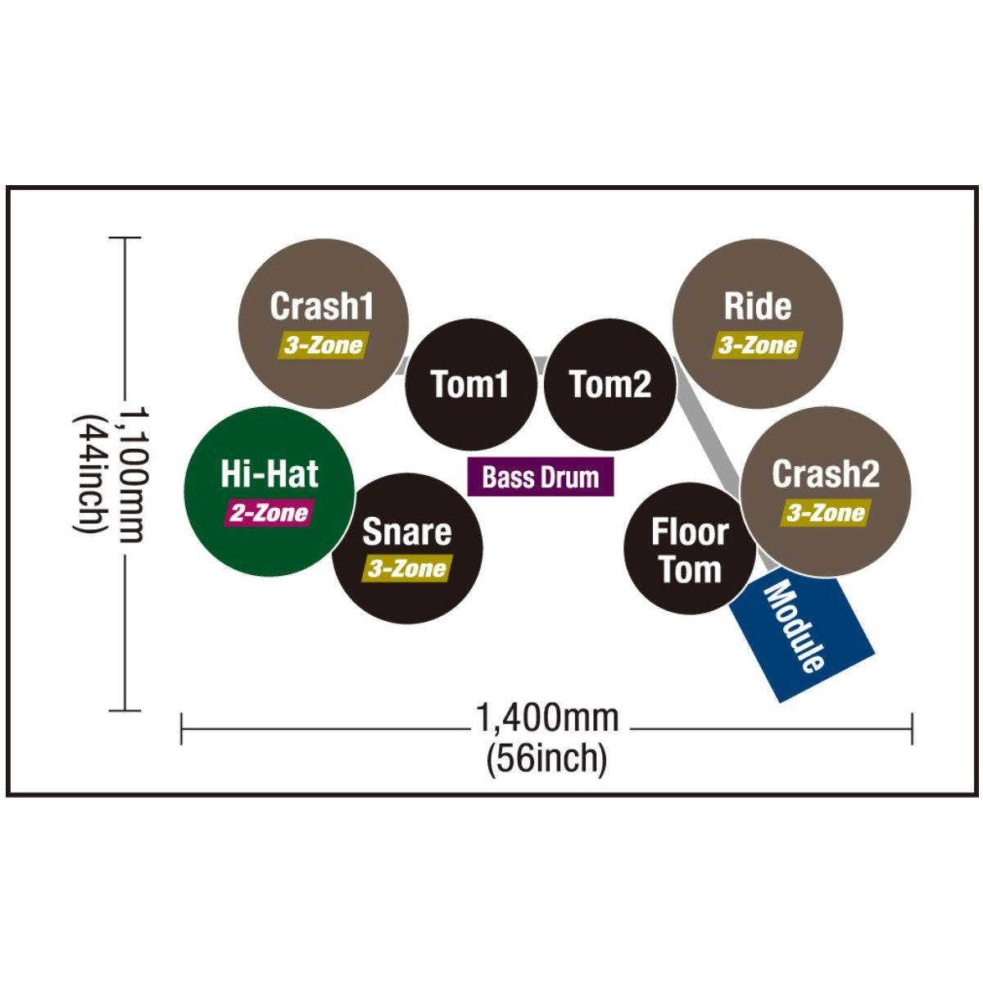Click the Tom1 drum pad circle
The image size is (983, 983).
tap(470, 384)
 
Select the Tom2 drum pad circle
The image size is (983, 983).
tap(609, 384)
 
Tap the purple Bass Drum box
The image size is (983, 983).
tap(540, 477)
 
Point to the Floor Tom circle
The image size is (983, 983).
tap(690, 548)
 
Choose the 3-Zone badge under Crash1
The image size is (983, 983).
tap(324, 346)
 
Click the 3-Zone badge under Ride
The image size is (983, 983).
tap(758, 346)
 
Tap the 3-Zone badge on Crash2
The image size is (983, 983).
tap(826, 513)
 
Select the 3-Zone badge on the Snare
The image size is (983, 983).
tap(407, 569)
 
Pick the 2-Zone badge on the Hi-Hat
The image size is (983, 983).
tap(270, 513)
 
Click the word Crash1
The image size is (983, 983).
tap(321, 306)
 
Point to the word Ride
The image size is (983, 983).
tap(758, 306)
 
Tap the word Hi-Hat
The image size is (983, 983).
tap(270, 473)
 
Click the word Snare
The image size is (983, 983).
tap(406, 532)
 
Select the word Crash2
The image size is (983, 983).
tap(826, 474)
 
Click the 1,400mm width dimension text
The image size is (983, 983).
tap(547, 718)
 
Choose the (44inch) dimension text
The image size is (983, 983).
tap(90, 474)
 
